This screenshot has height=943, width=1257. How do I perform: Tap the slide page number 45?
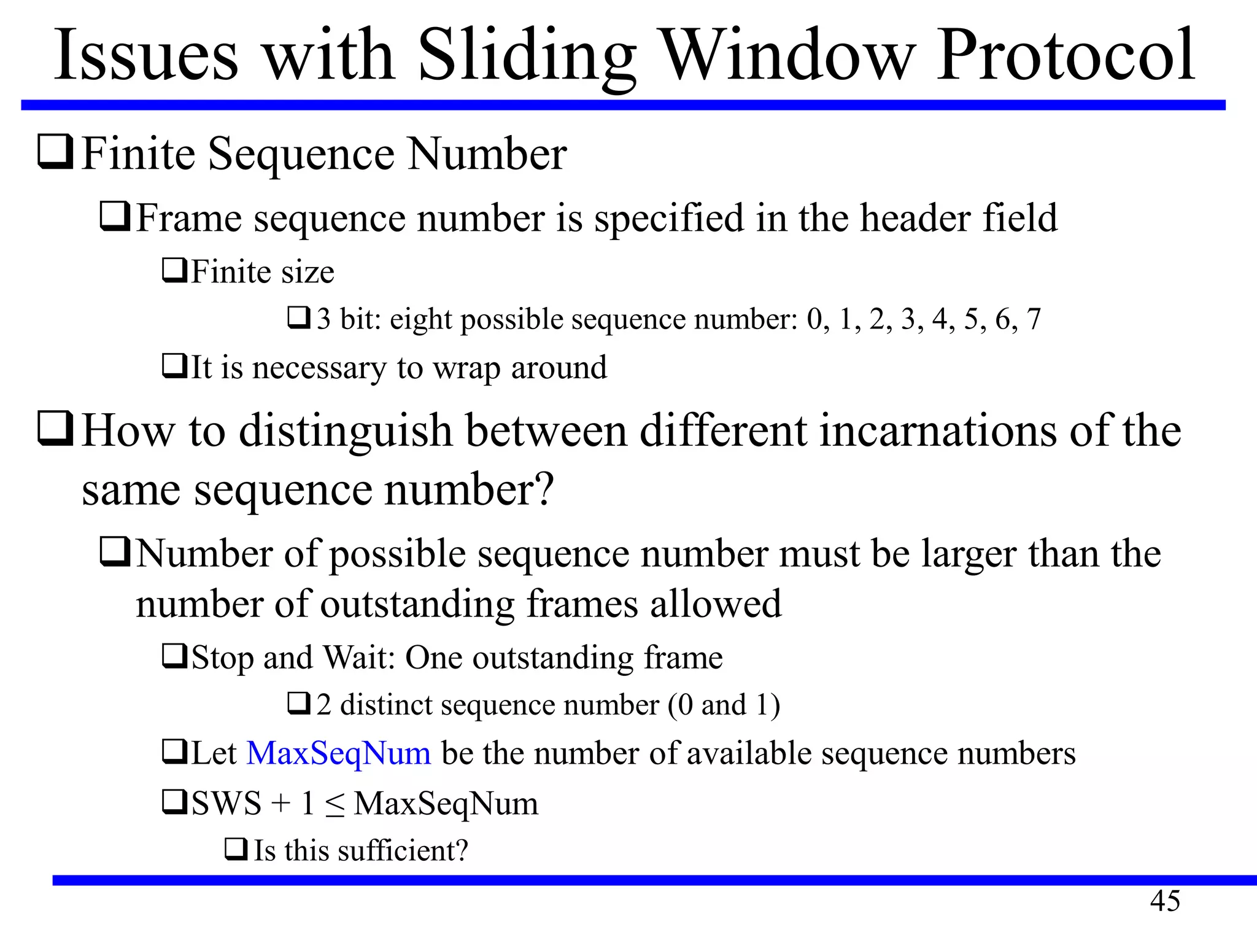pos(1165,901)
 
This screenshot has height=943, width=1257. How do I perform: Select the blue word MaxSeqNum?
pos(338,754)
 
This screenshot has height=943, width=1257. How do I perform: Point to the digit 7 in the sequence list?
pos(1034,319)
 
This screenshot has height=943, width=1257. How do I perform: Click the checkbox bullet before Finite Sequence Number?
pos(56,153)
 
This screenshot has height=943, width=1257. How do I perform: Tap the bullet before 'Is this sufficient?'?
pos(236,850)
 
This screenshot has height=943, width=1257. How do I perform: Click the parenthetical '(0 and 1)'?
pos(724,705)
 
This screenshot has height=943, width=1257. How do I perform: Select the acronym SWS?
pos(226,804)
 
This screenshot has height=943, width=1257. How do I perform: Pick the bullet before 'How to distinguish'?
pos(56,429)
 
